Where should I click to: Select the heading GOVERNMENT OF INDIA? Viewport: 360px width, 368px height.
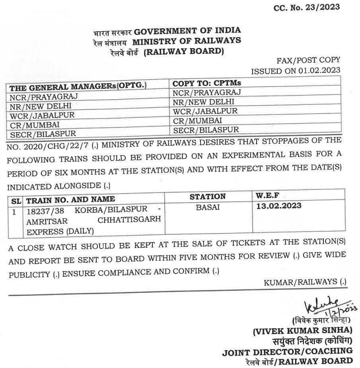187,31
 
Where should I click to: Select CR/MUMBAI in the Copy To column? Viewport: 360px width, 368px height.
197,120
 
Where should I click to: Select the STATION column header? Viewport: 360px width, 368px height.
207,197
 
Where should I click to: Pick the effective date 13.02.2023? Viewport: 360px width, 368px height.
279,206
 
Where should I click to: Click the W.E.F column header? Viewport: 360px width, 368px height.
267,196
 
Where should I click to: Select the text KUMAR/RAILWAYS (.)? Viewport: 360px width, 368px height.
305,282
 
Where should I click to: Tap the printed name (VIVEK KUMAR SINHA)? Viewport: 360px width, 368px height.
302,330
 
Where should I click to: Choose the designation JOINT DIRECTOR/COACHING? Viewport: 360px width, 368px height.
287,351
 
